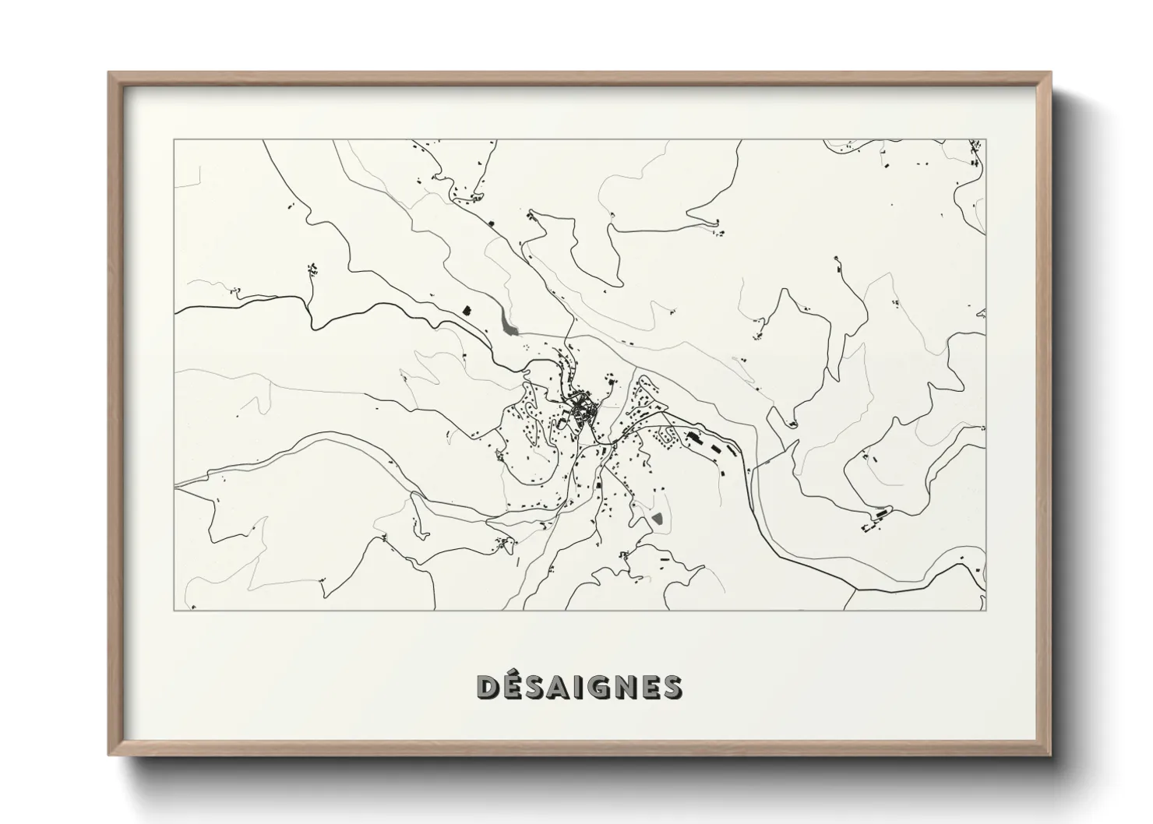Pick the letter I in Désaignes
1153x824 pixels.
coord(573,686)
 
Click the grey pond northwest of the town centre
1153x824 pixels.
coord(510,325)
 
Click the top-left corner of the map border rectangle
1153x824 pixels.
coord(174,140)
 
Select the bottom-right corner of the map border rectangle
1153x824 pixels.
coord(986,610)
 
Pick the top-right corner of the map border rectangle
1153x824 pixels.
coord(986,140)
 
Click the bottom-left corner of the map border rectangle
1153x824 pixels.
coord(174,610)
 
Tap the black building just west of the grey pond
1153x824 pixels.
coord(467,309)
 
